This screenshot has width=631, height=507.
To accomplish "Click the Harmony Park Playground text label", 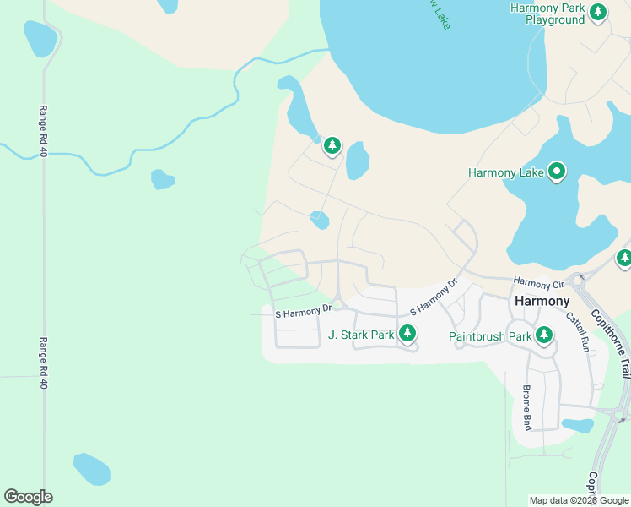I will coord(547,14).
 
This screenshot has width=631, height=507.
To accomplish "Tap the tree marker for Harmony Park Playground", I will coord(598,12).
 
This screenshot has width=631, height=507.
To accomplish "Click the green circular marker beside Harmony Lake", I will coord(557,172).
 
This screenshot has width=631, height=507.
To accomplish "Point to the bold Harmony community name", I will coord(542,301).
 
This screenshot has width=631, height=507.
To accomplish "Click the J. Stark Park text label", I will coord(361,335).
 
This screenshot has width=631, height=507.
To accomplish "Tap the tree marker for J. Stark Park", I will coord(407,334).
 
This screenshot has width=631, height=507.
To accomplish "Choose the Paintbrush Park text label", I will coord(488,336).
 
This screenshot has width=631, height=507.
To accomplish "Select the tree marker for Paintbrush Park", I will coord(544,335).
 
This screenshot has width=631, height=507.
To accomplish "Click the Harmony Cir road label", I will coord(537,283).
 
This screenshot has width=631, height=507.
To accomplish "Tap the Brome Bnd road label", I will coord(526,404).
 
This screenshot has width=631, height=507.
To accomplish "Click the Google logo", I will coord(28,497).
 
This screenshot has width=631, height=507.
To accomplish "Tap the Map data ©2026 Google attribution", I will coord(578,500).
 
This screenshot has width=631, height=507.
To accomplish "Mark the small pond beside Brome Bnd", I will coord(578,425).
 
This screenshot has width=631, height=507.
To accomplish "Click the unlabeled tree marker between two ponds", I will coord(332,146).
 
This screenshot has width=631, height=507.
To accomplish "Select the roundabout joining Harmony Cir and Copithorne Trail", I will coord(579,279).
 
